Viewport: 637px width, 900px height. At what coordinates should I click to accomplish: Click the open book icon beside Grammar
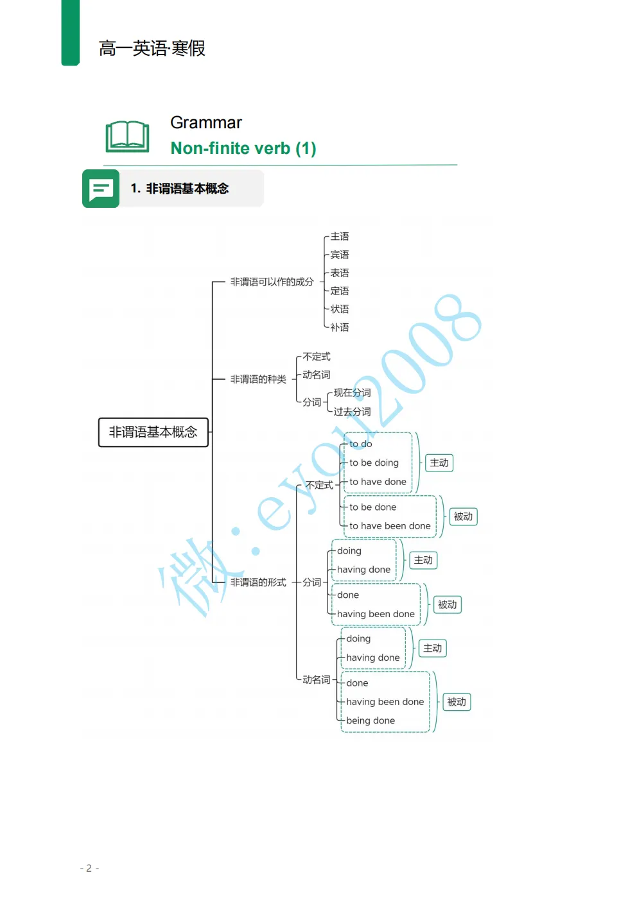click(x=127, y=136)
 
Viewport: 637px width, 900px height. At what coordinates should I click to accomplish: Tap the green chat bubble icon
click(x=101, y=189)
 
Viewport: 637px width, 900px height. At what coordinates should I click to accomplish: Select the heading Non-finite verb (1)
click(x=243, y=148)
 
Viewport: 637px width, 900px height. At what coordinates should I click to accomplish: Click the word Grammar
click(x=205, y=123)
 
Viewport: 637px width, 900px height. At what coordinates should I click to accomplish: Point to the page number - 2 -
click(x=89, y=868)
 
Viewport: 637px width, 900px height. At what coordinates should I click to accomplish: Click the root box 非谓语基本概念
click(x=153, y=432)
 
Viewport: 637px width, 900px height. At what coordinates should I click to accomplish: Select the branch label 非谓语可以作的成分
click(x=272, y=282)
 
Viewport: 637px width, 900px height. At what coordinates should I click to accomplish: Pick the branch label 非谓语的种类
click(x=258, y=379)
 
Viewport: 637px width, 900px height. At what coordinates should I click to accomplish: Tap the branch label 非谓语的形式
click(x=258, y=582)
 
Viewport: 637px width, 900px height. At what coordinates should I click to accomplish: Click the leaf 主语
click(x=340, y=237)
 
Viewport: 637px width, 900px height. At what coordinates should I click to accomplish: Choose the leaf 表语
click(x=340, y=273)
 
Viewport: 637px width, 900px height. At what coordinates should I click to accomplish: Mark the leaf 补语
click(x=340, y=327)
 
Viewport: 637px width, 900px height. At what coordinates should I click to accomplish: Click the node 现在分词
click(x=352, y=393)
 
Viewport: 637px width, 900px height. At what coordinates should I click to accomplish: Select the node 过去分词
click(x=352, y=411)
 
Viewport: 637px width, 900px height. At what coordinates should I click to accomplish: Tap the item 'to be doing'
click(x=374, y=463)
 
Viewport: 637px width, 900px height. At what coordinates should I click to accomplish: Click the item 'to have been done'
click(x=390, y=526)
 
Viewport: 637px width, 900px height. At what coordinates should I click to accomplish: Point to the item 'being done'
click(x=371, y=720)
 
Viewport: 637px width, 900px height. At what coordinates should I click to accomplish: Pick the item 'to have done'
click(x=378, y=482)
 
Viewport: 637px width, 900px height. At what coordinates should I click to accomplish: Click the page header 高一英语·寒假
click(x=152, y=48)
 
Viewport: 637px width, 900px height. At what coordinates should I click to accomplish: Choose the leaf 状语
click(x=340, y=309)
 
